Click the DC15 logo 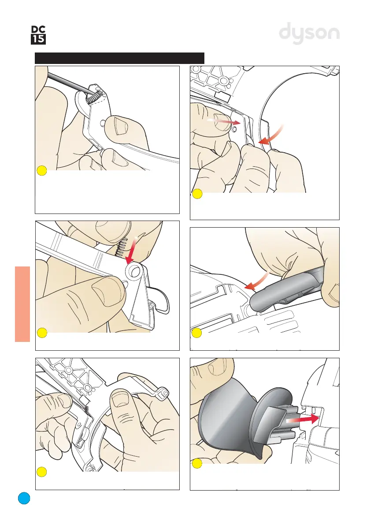pyautogui.click(x=38, y=35)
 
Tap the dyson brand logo pyautogui.click(x=309, y=33)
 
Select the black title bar pyautogui.click(x=119, y=58)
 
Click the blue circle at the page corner pyautogui.click(x=24, y=498)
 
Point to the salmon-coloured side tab pyautogui.click(x=22, y=304)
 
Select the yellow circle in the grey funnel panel pyautogui.click(x=197, y=463)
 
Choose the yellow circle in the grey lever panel pyautogui.click(x=197, y=333)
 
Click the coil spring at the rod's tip pyautogui.click(x=95, y=97)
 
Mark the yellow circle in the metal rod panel pyautogui.click(x=42, y=171)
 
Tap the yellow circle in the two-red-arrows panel pyautogui.click(x=197, y=194)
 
